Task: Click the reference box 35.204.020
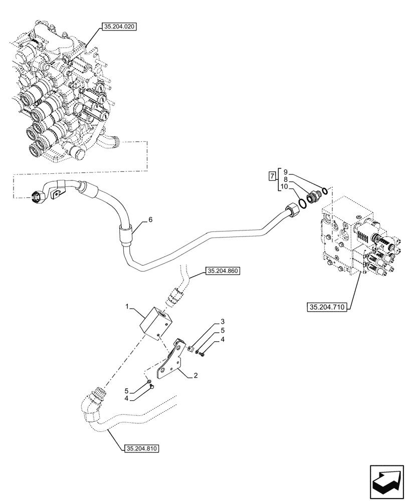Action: (x=119, y=27)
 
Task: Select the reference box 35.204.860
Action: (x=223, y=272)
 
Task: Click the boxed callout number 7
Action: (x=272, y=176)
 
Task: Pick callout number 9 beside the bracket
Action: (x=284, y=169)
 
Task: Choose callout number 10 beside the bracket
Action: (x=284, y=186)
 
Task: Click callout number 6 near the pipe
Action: (x=149, y=219)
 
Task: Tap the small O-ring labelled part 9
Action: (x=325, y=190)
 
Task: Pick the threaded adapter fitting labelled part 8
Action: (x=312, y=197)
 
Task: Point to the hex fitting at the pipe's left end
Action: (x=37, y=197)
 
